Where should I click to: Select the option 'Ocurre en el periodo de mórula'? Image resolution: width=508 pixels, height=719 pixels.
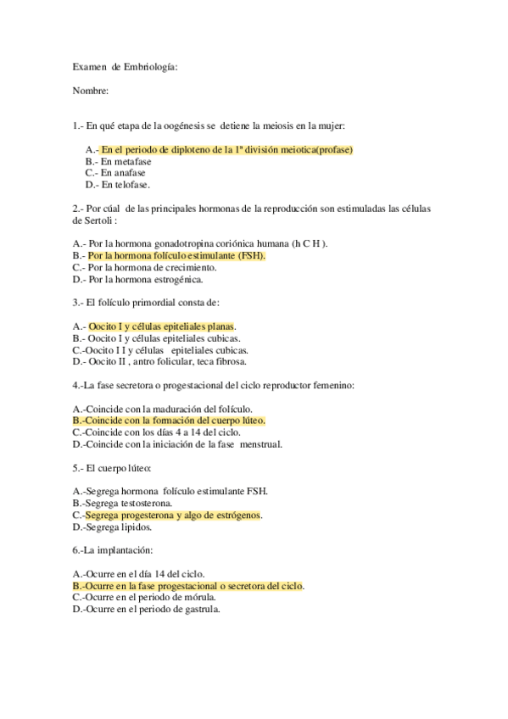point(147,597)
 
